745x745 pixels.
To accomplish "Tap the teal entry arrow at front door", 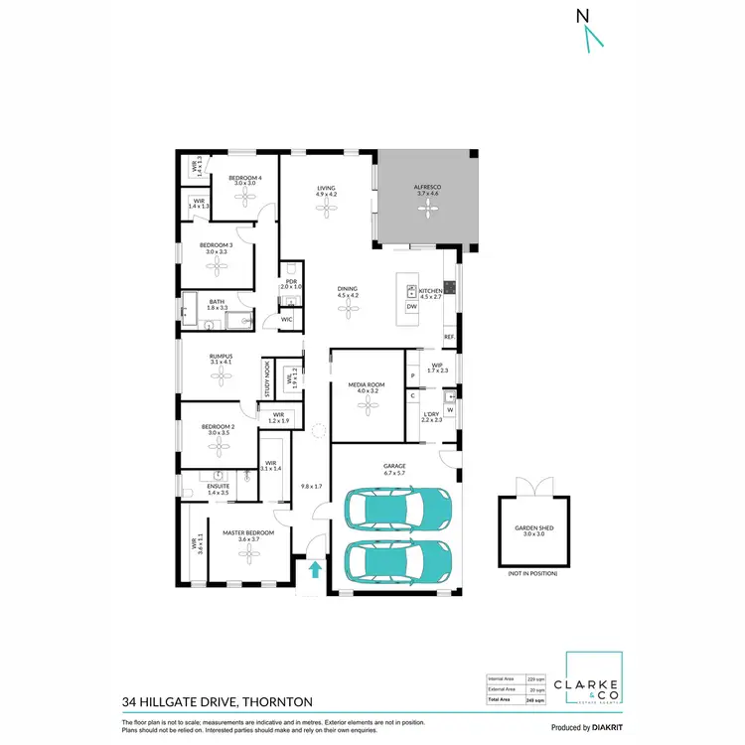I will pos(315,569).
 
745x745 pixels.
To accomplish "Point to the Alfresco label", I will pos(426,188).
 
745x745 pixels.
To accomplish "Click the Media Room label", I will pos(368,386).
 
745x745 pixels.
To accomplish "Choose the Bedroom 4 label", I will pos(244,178).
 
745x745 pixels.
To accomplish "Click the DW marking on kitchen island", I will pos(411,307).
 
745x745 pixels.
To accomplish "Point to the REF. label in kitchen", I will pos(449,338).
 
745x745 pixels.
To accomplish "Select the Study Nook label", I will pos(266,378).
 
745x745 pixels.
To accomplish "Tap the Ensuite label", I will pos(218,487).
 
